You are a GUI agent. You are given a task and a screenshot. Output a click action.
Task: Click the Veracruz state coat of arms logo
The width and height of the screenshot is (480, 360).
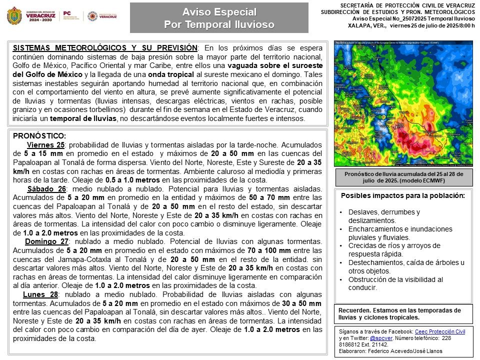(x=14, y=15)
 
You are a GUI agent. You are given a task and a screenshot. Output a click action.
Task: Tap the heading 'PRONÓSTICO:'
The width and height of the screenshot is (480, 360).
(x=39, y=135)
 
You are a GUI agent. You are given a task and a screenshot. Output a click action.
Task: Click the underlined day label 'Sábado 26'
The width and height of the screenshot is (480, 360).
(x=46, y=188)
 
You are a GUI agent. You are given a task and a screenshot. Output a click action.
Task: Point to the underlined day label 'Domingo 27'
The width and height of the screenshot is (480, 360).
(x=45, y=241)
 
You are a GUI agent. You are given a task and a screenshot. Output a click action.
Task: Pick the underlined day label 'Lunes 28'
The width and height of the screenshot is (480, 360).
(x=40, y=294)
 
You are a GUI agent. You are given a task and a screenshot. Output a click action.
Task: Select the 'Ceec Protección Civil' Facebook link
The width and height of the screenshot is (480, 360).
(x=440, y=331)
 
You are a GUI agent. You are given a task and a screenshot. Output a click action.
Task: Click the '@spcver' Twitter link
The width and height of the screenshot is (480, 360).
(x=380, y=338)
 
